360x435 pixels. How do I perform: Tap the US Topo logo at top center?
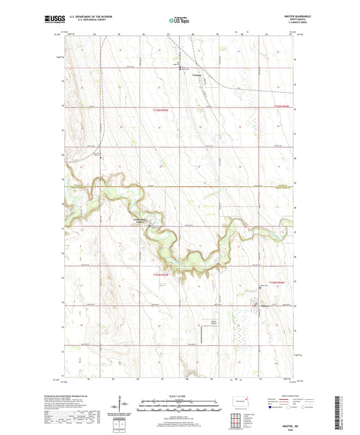click(x=180, y=21)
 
